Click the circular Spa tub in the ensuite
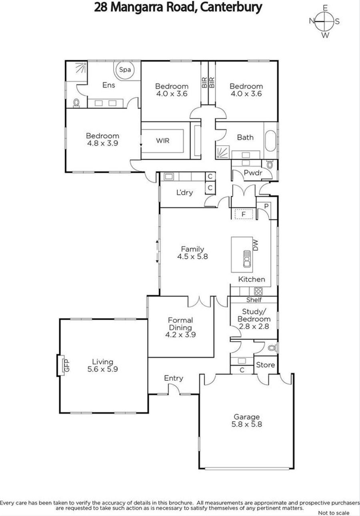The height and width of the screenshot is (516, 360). [x=125, y=69]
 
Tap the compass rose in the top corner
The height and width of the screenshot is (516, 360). [x=324, y=22]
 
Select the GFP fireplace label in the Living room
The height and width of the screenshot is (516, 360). [x=67, y=365]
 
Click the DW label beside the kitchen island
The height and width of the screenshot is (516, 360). [x=256, y=245]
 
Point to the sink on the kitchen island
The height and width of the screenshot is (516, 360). [x=247, y=259]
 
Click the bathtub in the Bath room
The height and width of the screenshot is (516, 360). [x=271, y=141]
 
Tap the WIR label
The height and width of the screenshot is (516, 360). [x=162, y=141]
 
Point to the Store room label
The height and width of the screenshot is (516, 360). [x=265, y=365]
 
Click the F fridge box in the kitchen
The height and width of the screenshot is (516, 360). [x=244, y=215]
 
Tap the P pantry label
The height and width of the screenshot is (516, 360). [x=266, y=206]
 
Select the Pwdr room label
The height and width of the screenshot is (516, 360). [x=253, y=173]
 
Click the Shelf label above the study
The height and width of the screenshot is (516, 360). [x=254, y=300]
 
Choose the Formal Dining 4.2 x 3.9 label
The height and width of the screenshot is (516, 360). [x=180, y=327]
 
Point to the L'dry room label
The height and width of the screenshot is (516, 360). [x=185, y=193]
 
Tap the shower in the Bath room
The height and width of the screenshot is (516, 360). [x=223, y=152]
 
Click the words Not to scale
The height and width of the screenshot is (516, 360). [x=334, y=513]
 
